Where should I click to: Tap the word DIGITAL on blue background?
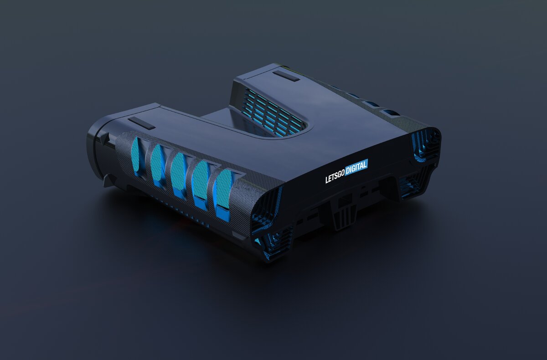tap(356, 167)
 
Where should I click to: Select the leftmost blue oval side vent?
tap(136, 156)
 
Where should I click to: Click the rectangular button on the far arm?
tap(286, 76)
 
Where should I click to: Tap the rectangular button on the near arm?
tap(141, 123)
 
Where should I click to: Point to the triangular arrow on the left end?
tap(105, 138)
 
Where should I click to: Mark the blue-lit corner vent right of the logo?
tap(425, 145)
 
